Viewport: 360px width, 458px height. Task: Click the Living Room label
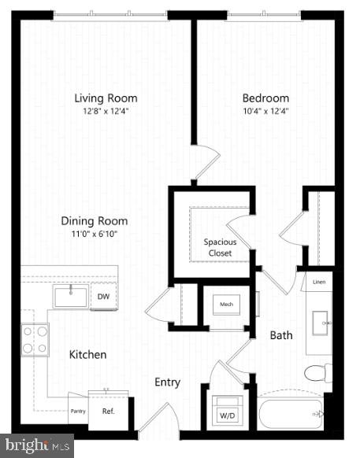106,98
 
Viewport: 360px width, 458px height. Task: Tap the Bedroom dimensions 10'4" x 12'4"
265,111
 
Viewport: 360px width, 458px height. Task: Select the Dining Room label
95,221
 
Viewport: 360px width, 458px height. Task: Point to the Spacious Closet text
220,247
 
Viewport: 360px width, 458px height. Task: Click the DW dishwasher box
103,297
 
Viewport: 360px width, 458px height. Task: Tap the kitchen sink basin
72,297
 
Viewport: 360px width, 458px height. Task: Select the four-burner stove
35,340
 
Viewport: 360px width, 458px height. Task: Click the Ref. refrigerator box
109,411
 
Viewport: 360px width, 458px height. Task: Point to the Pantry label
77,411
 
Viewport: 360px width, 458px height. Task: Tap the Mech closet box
227,303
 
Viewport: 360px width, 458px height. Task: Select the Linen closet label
318,282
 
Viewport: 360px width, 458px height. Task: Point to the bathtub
290,414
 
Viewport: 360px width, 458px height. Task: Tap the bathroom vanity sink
320,322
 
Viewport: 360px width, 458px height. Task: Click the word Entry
167,382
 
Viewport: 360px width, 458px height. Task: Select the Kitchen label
87,355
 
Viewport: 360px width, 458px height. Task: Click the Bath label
281,335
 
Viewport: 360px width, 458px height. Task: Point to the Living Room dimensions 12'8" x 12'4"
106,111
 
